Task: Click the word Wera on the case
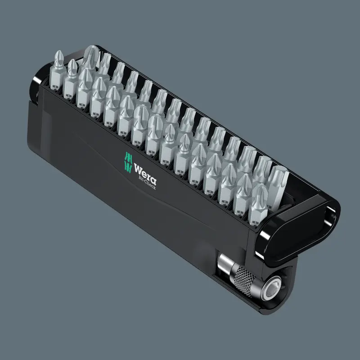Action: pos(145,174)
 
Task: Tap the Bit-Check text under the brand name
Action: pos(147,183)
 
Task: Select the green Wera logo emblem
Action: pos(128,162)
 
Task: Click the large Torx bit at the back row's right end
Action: pos(278,186)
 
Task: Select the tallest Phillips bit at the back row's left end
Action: pos(91,58)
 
